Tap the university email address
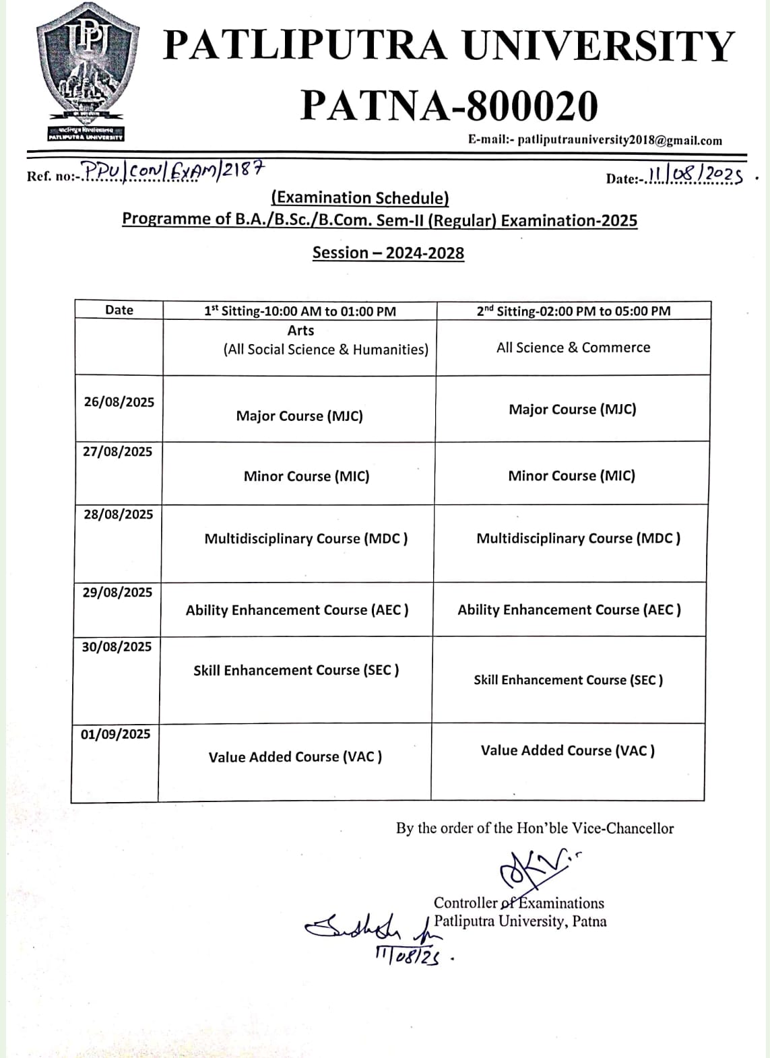point(595,140)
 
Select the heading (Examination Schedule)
point(360,197)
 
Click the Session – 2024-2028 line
point(388,253)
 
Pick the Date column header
point(119,310)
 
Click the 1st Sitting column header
point(300,310)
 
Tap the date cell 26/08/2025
point(119,402)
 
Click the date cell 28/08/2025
point(119,514)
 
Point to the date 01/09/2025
point(116,733)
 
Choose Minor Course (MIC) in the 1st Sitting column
point(307,476)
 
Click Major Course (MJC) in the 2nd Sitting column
point(572,409)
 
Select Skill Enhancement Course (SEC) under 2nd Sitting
point(568,680)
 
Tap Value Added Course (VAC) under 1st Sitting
point(295,756)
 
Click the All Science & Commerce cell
point(573,348)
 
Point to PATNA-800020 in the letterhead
point(449,106)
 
